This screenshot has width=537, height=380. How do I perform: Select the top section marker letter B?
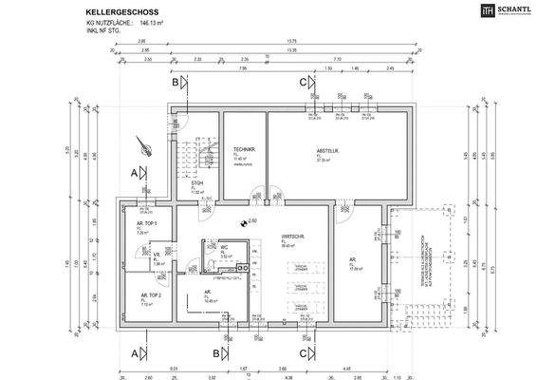pos(176,83)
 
